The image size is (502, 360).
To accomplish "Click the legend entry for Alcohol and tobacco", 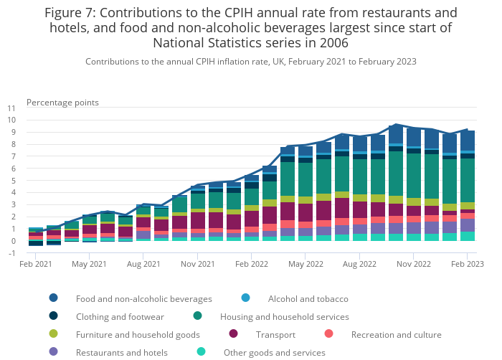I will (308, 298).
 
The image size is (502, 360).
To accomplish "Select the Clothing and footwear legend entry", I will (120, 316).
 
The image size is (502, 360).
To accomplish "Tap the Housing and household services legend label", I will (284, 316).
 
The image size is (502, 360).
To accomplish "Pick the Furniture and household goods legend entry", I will (138, 334).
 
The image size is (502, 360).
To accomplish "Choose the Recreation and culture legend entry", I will (396, 334).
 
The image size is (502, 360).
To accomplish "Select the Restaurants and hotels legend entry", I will (121, 352).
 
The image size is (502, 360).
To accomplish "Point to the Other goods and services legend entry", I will (274, 352).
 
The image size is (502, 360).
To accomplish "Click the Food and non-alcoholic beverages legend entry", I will (143, 298).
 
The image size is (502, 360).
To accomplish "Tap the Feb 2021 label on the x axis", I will (36, 265).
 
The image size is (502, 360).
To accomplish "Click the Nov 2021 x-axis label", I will (197, 265).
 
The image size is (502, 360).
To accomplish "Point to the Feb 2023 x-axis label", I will (467, 265).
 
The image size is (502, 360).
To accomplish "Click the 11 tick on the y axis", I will (11, 108).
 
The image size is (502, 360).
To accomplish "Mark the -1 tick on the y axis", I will (12, 253).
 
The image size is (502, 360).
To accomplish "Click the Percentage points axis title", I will (62, 103).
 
